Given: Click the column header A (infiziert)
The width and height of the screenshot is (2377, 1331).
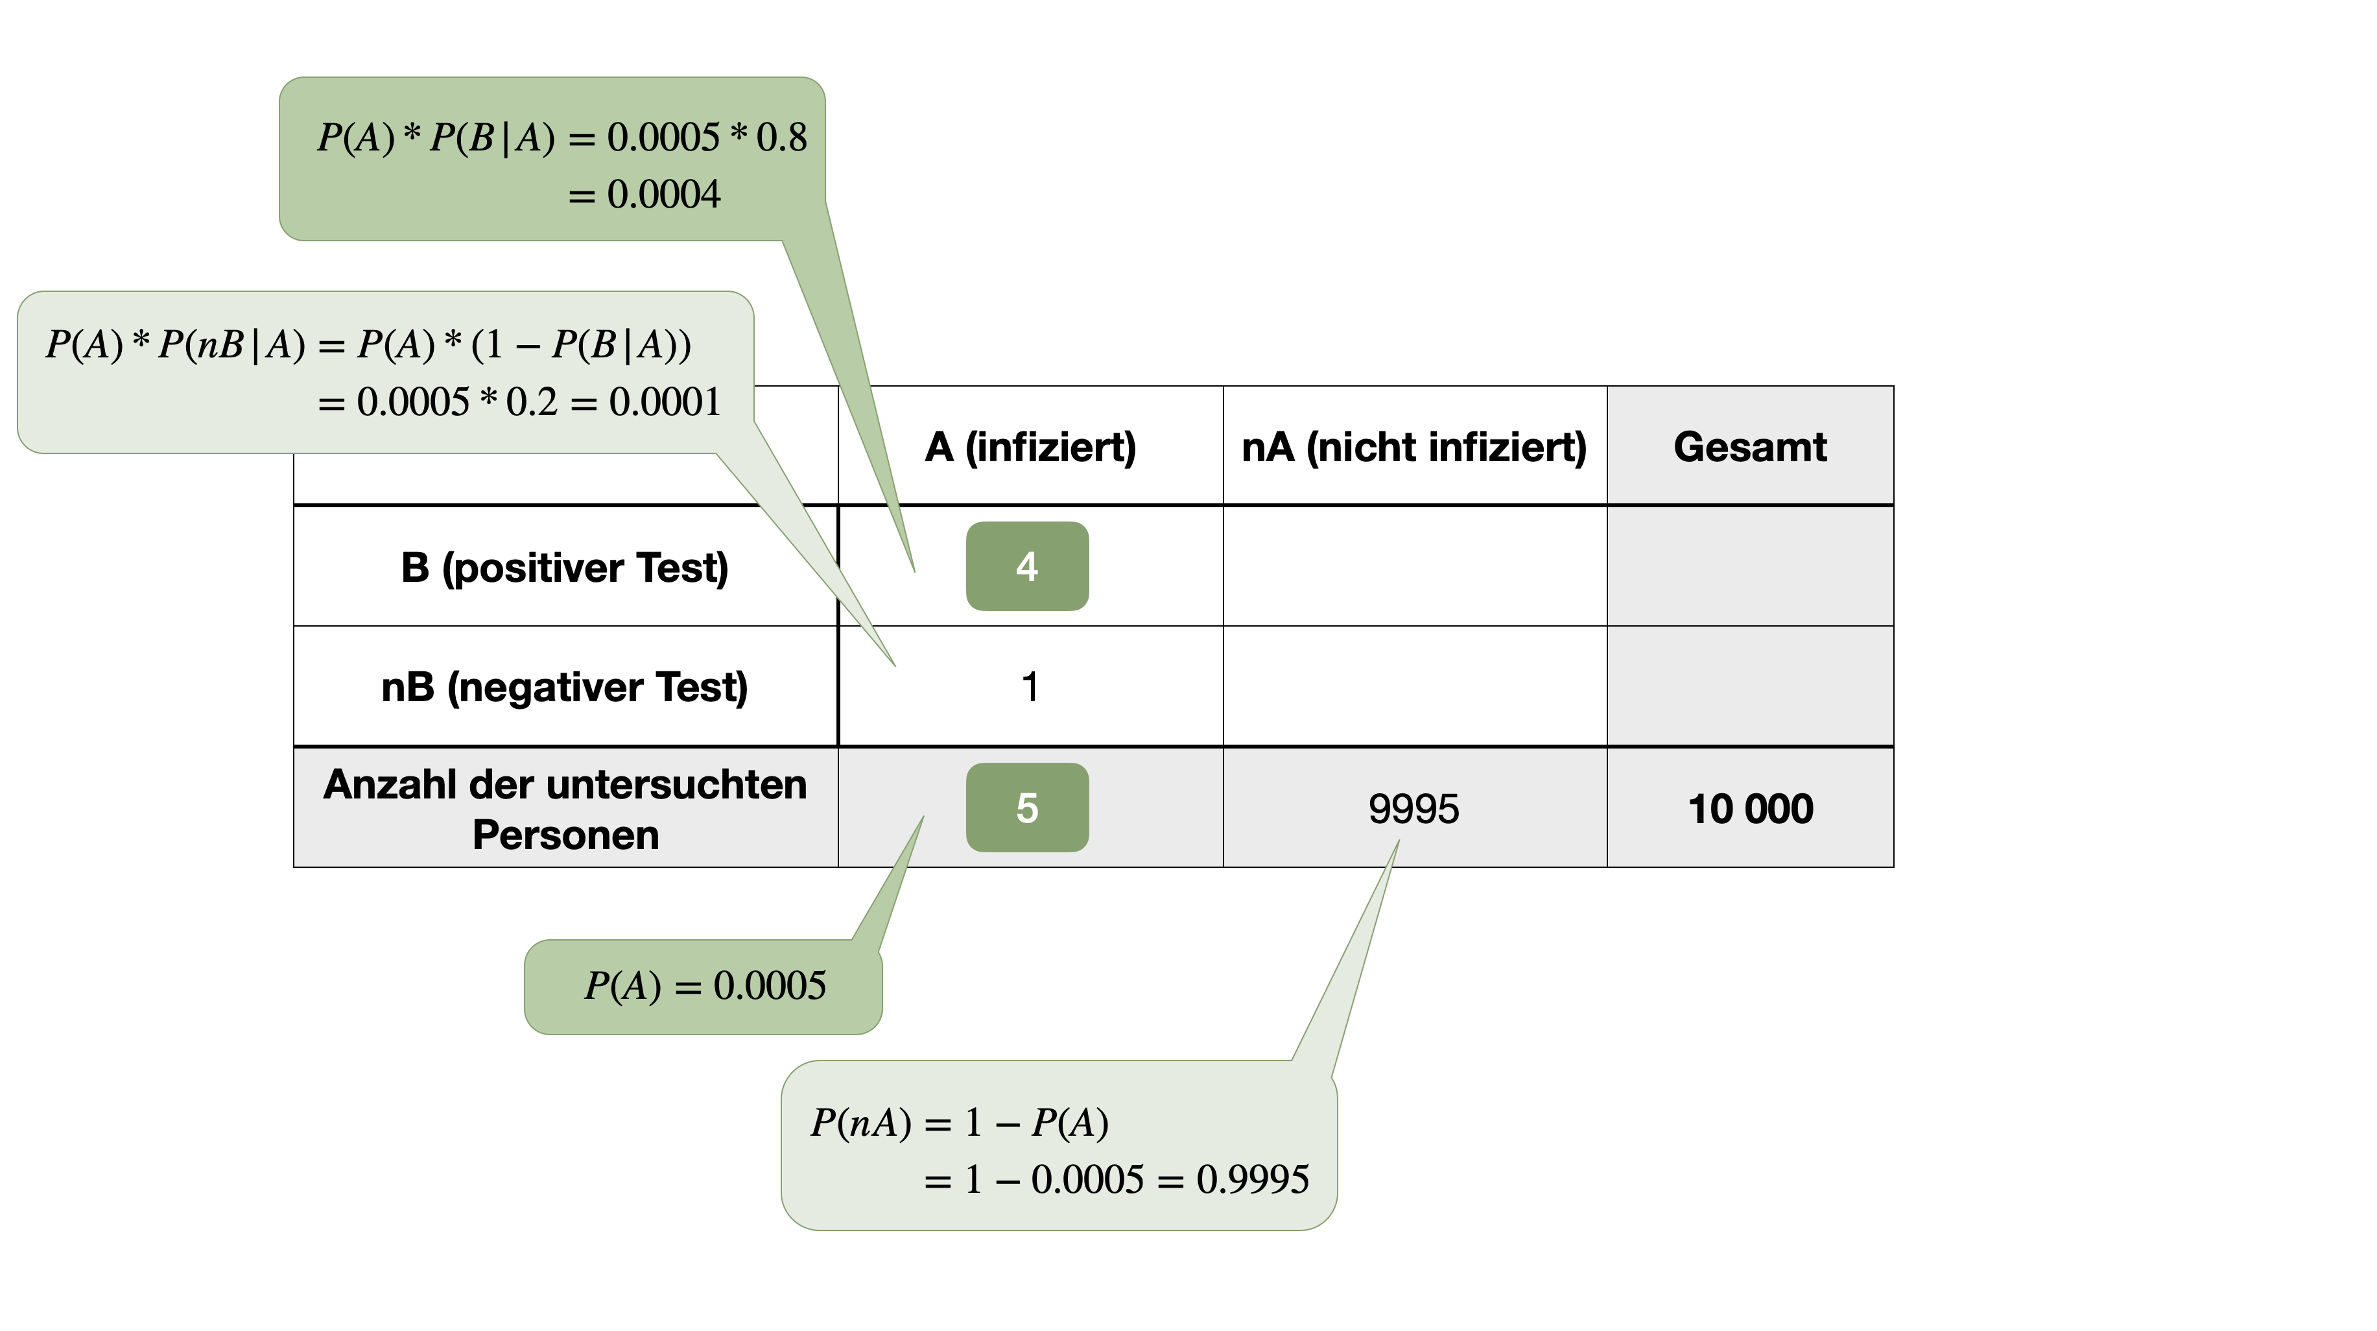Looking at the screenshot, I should pos(1030,447).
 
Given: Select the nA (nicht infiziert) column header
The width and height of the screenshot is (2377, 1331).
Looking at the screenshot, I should pos(1413,447).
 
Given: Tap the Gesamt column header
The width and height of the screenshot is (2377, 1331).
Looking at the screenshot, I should pos(1749,447).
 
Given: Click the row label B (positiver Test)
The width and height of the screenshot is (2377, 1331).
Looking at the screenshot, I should pos(565,567).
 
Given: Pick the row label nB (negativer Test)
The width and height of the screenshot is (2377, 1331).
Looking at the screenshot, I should pos(565,687).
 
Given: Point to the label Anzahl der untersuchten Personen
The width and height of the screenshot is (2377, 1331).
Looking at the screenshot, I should pos(565,809).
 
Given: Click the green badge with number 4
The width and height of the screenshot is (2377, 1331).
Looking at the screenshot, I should pos(1027,566).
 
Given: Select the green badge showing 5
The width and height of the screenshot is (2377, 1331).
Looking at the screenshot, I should pos(1027,808).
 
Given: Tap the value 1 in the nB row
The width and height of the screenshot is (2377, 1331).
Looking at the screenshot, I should pos(1030,687).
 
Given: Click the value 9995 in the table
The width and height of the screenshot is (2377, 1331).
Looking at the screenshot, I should pos(1413,809).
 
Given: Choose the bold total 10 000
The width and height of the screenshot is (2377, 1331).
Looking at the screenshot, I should pos(1749,809).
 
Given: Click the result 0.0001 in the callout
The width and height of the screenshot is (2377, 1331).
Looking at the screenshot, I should pos(665,402).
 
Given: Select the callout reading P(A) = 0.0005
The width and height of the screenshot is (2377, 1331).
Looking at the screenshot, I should pos(704,986).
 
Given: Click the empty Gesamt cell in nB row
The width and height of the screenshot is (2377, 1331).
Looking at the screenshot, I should pos(1749,687).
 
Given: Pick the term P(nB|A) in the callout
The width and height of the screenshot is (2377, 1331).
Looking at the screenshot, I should pos(231,344).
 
